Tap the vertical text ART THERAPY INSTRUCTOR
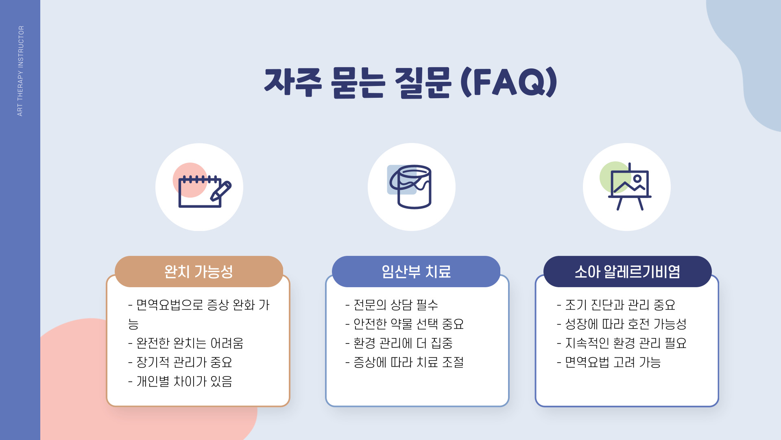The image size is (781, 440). (x=20, y=71)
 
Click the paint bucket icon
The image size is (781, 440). (x=412, y=187)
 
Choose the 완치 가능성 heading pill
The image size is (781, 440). (x=199, y=271)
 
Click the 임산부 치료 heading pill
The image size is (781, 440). (x=416, y=271)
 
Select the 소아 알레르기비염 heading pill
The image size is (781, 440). (x=627, y=271)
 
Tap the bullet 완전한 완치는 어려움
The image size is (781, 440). (x=186, y=343)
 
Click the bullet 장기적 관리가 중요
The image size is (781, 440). (x=180, y=362)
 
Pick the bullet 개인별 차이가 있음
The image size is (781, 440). (x=180, y=381)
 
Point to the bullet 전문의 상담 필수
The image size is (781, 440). (x=392, y=305)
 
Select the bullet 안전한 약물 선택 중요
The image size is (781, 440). (x=405, y=324)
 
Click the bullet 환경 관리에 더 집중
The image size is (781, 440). (x=399, y=343)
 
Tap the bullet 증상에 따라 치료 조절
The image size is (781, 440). (x=405, y=362)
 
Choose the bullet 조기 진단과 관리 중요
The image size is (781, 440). (x=616, y=305)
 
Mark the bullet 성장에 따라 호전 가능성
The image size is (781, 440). (x=622, y=324)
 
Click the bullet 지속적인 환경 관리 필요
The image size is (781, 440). (x=622, y=343)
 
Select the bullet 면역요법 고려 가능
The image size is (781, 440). (x=609, y=362)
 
